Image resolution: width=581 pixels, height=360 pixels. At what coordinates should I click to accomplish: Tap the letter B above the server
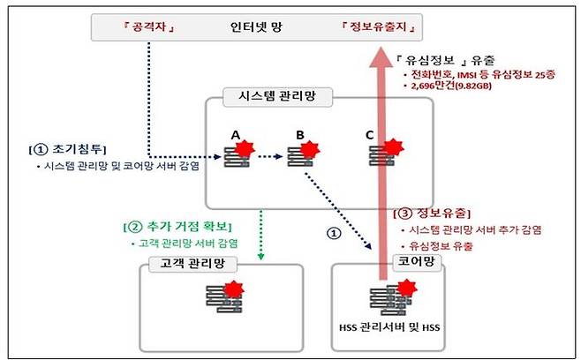[x=299, y=134]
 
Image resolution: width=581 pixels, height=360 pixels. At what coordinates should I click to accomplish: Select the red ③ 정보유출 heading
[x=430, y=214]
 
